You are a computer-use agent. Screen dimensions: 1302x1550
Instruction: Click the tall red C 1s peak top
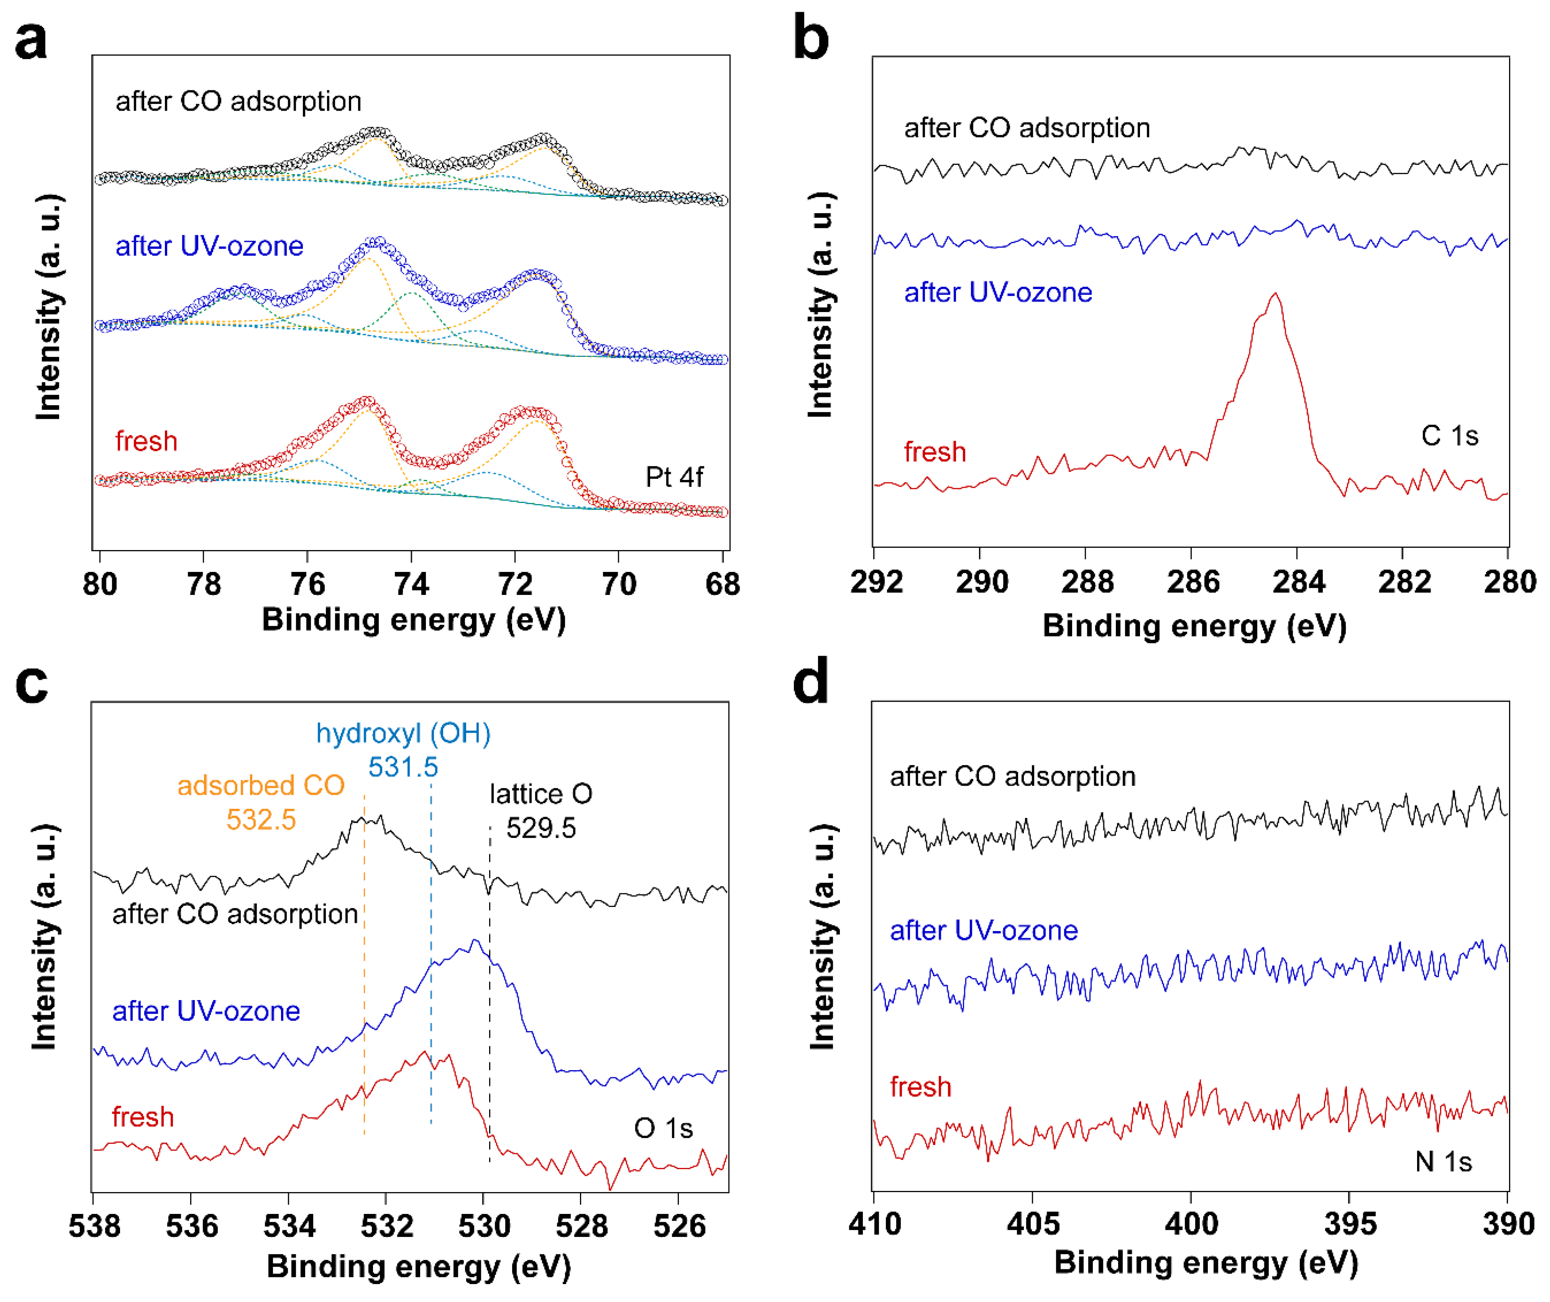tap(1275, 295)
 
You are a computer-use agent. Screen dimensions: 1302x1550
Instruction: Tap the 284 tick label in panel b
tap(1298, 582)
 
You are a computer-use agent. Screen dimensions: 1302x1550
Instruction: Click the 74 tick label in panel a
tap(411, 584)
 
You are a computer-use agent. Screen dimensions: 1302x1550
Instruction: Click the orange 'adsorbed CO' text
tap(261, 785)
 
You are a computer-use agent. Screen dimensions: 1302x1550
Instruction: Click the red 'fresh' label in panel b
tap(935, 452)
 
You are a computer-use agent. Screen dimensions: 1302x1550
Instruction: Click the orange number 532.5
tap(261, 819)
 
